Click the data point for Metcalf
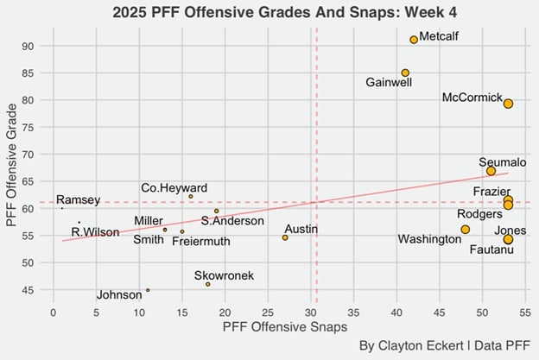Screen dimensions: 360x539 pyautogui.click(x=414, y=40)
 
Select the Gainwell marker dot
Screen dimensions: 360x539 pyautogui.click(x=405, y=73)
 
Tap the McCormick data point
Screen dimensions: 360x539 pyautogui.click(x=508, y=104)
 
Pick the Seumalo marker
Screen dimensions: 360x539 pyautogui.click(x=491, y=171)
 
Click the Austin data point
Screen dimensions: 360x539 pyautogui.click(x=285, y=237)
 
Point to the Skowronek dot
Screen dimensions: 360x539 pyautogui.click(x=208, y=284)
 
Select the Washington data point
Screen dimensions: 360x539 pyautogui.click(x=465, y=230)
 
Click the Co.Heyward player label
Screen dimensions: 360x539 pyautogui.click(x=174, y=188)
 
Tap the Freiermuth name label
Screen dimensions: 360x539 pyautogui.click(x=201, y=241)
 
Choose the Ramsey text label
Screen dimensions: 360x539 pyautogui.click(x=78, y=200)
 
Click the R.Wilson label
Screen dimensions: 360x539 pyautogui.click(x=95, y=231)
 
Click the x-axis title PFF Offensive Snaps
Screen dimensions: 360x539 pyautogui.click(x=284, y=327)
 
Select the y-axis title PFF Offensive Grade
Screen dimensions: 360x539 pyautogui.click(x=12, y=166)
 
